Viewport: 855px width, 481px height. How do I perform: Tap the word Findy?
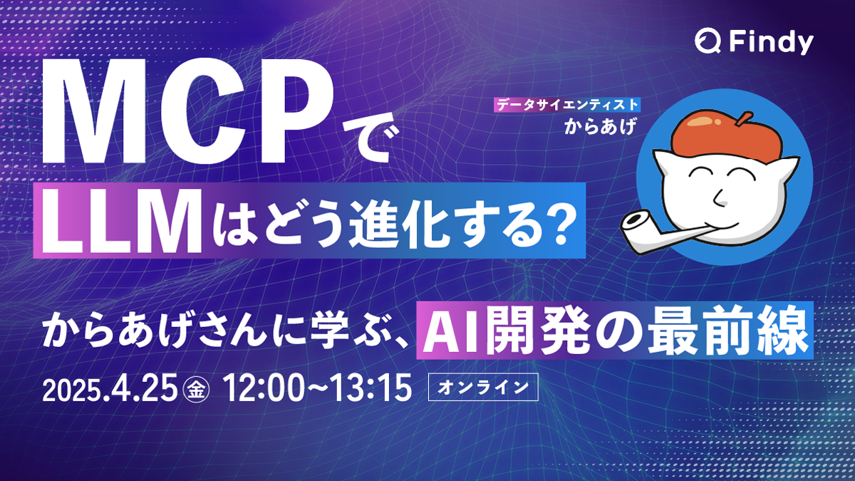770,43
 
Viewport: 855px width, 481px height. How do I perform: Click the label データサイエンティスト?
568,104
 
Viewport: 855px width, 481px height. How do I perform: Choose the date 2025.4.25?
111,389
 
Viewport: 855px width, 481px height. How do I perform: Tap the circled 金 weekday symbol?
193,390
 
